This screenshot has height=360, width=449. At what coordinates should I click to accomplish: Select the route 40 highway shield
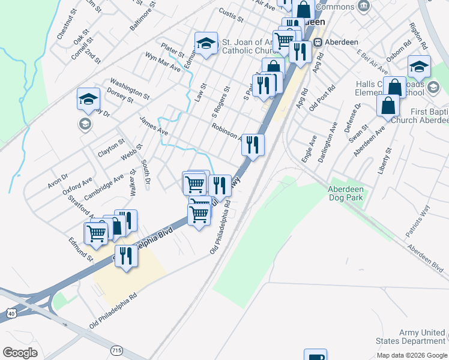point(11,313)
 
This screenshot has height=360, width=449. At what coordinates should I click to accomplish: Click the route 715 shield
point(118,349)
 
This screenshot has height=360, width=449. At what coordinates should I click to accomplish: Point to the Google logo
point(20,352)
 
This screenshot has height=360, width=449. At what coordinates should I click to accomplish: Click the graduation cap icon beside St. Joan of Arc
point(205,44)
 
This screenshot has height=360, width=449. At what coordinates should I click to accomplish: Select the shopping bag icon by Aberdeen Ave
point(388,106)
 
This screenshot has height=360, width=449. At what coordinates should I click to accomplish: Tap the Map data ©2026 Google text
point(412,355)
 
